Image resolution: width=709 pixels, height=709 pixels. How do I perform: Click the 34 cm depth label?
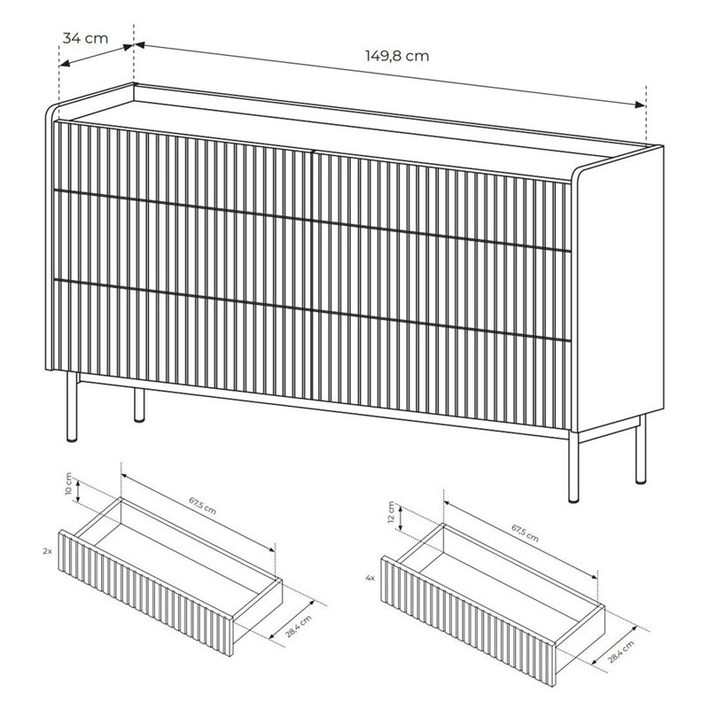coord(85,38)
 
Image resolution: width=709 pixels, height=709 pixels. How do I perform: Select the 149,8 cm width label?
coord(397,56)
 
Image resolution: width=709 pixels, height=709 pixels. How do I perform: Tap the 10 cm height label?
coord(69,484)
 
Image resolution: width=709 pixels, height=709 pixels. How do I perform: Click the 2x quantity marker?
coord(47,551)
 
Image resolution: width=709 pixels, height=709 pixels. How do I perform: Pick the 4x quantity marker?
coord(370,578)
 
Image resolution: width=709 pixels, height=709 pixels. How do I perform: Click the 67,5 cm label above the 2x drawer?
coord(202,505)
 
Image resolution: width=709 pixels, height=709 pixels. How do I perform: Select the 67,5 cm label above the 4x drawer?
coord(525,533)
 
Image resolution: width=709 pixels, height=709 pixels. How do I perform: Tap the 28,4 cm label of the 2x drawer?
coord(299,627)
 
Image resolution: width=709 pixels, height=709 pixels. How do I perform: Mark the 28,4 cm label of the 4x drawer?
coord(621,651)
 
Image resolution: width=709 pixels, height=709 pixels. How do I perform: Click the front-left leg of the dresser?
coord(72,407)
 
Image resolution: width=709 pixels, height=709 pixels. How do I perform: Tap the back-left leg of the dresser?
coord(139,405)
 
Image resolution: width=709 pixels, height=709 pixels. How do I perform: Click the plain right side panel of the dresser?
coord(619,290)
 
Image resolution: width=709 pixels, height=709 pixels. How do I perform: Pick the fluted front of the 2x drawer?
coord(146,592)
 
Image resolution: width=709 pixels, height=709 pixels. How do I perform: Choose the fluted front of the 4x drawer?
coord(469,619)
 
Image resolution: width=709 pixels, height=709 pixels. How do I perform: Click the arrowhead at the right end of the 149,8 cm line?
coord(640,105)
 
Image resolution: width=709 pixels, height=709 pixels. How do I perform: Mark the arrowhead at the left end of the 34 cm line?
coord(65,65)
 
